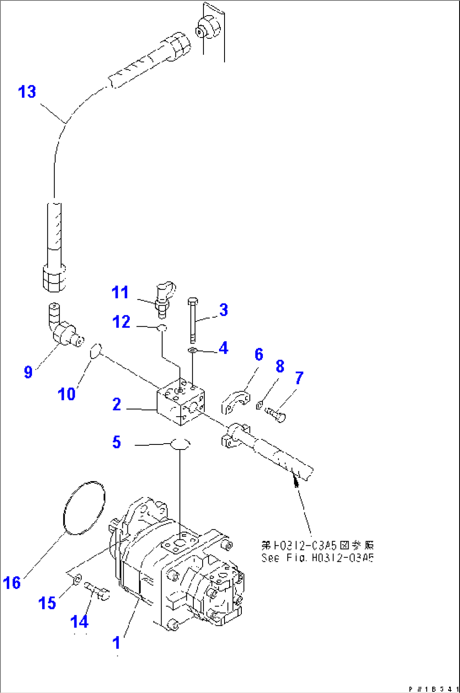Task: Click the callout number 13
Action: tap(27, 92)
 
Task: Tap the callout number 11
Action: tap(120, 292)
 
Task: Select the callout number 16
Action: tap(12, 583)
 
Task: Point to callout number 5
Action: tap(116, 442)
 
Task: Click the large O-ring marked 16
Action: tap(84, 507)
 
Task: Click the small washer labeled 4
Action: tap(192, 350)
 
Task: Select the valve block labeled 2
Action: tap(181, 401)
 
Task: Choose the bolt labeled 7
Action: tap(275, 413)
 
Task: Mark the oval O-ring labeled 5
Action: tap(180, 444)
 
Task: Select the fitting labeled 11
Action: tap(165, 297)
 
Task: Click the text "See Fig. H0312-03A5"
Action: tap(317, 558)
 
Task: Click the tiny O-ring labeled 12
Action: tap(162, 328)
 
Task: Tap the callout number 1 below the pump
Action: tap(116, 643)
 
